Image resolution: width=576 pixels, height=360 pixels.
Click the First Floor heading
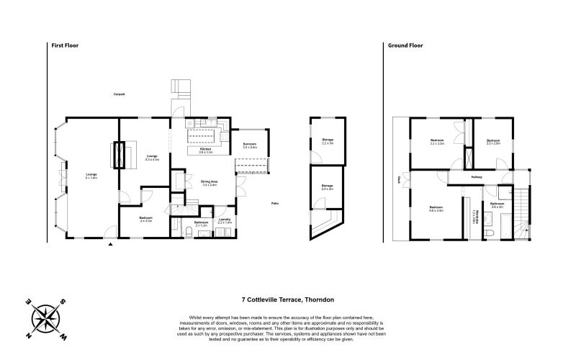pos(65,45)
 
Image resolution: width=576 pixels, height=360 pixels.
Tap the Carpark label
pos(120,94)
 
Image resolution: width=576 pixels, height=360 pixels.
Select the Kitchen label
pos(204,149)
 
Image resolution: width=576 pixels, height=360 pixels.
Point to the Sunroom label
pos(250,144)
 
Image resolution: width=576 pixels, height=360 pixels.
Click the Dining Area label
pos(210,181)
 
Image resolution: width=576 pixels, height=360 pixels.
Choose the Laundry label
pos(225,219)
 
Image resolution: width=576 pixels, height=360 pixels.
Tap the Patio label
pos(275,203)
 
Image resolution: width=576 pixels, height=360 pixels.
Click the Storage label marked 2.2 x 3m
pos(328,140)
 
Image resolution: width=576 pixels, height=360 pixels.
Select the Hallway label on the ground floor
pos(477,176)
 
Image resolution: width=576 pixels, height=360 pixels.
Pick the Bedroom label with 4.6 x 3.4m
pos(436,208)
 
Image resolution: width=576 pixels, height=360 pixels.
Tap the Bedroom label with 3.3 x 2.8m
pos(493,141)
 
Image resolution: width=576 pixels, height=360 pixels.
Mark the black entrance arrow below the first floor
pos(110,246)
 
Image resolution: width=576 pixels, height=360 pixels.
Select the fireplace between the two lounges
pos(119,155)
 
